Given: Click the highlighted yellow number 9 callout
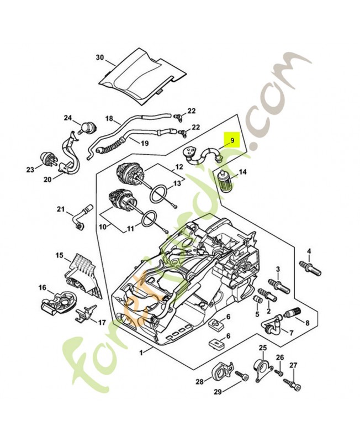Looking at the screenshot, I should (x=232, y=140).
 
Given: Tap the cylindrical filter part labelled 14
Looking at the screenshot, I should (x=225, y=182).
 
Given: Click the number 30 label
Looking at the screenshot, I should (x=99, y=57).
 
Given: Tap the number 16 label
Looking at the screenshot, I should (x=42, y=287).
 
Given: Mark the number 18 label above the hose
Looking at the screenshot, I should (x=109, y=118).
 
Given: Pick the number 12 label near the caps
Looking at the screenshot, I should (x=179, y=166).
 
